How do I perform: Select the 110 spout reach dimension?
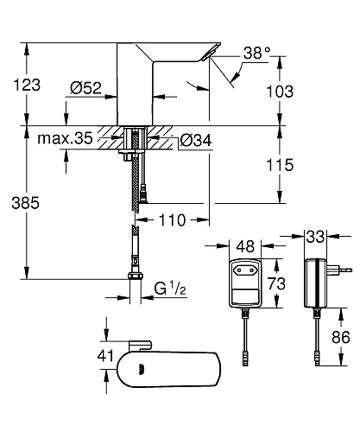174,221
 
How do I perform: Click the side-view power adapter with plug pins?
317,282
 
